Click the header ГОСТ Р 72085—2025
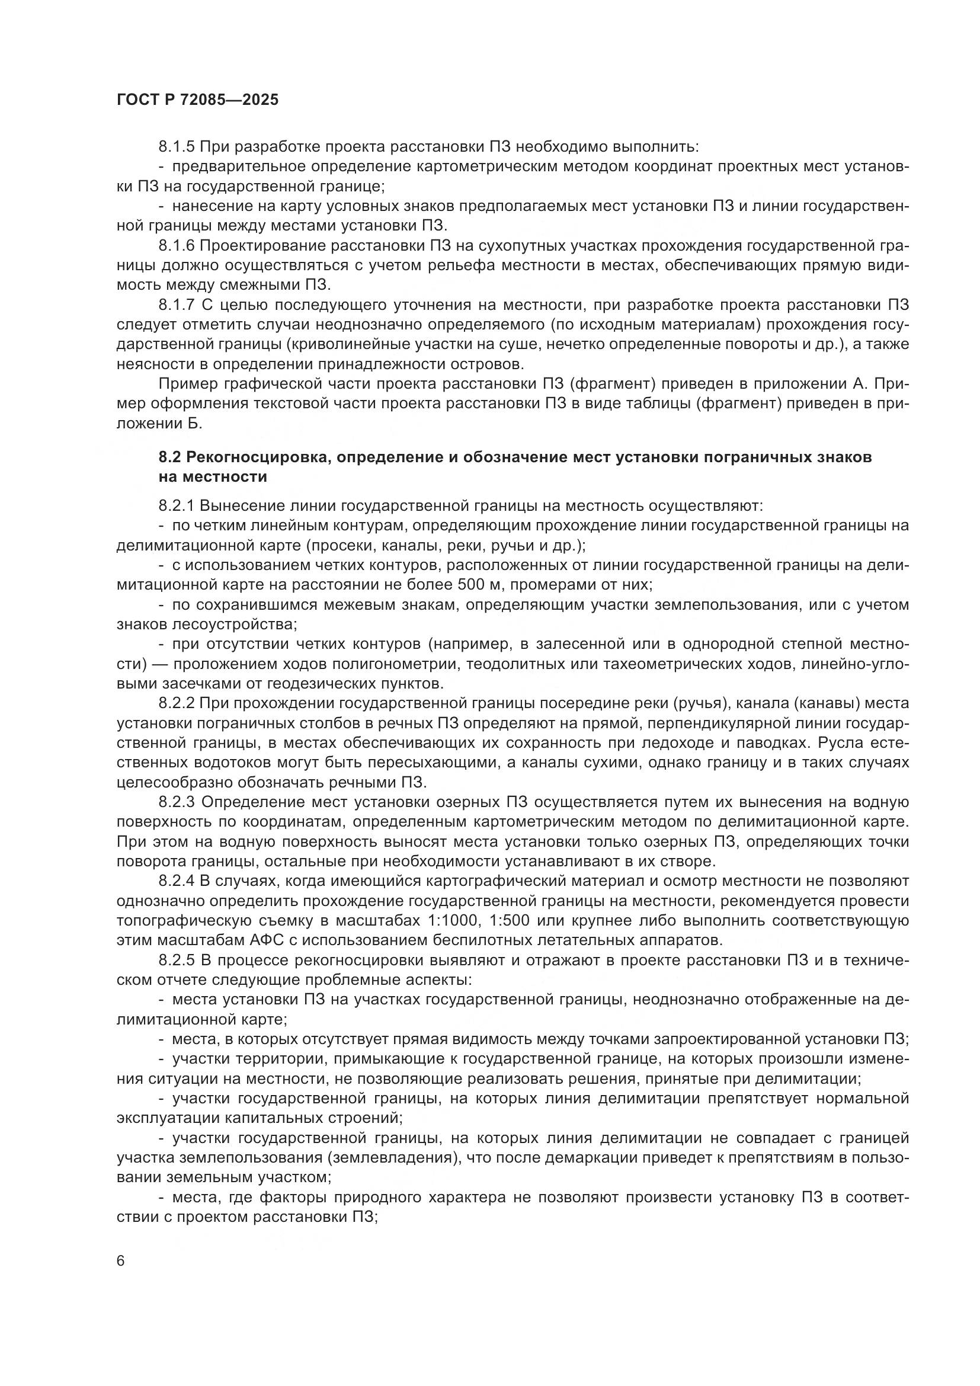tap(197, 100)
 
